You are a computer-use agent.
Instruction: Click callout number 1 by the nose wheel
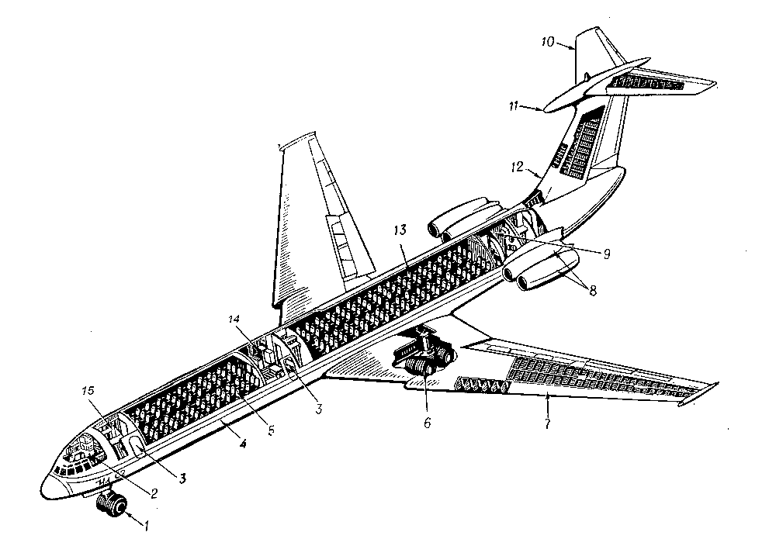point(147,527)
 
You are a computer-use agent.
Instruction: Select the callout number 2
point(154,493)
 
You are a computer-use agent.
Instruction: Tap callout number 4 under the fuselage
point(242,444)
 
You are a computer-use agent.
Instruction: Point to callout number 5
point(271,430)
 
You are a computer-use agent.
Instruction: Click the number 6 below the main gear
point(427,423)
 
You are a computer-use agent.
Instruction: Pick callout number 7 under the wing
point(547,423)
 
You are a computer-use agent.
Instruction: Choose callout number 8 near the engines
point(592,290)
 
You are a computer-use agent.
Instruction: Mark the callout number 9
point(606,254)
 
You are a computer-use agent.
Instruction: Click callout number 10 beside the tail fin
point(547,42)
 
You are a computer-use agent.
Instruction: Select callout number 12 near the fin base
point(517,168)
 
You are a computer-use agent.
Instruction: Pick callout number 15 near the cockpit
point(88,391)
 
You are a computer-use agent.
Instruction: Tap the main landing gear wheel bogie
point(425,360)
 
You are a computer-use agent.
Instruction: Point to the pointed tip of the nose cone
point(42,491)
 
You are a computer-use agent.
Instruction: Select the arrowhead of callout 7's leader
point(547,394)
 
